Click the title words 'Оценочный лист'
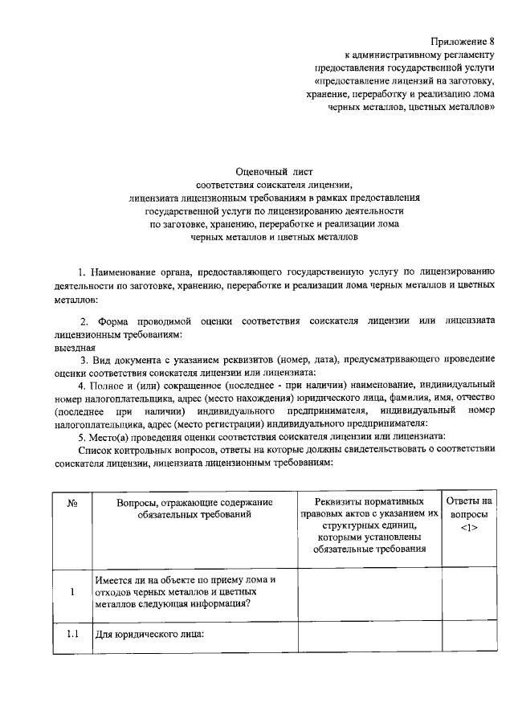coord(268,171)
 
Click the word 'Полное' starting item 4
coord(115,385)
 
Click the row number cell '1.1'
coord(71,633)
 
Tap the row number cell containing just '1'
coord(71,592)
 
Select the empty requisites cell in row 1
coord(369,592)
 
